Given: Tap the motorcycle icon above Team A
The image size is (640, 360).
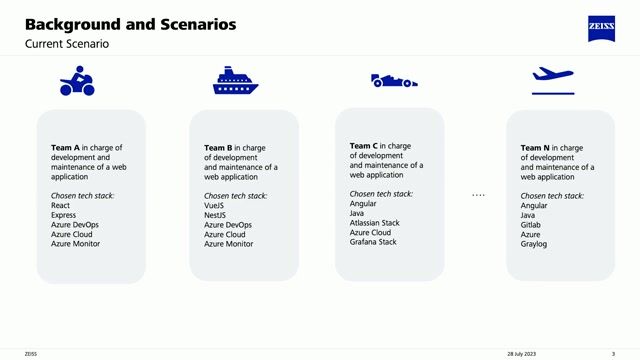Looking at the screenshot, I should click(x=77, y=81).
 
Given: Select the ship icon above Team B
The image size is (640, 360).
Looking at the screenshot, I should click(x=235, y=81).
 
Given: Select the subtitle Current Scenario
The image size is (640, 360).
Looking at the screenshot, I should click(x=67, y=44).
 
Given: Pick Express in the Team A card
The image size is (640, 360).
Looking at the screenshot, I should click(x=64, y=215).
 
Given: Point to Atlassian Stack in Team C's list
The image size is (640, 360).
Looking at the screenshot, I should click(x=375, y=222).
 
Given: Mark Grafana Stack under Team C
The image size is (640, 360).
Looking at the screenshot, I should click(x=373, y=242).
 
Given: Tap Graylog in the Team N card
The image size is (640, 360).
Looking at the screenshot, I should click(x=535, y=244).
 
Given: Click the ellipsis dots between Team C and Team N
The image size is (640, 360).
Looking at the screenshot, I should click(x=478, y=194).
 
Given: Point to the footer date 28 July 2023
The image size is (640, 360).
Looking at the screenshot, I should click(x=523, y=353).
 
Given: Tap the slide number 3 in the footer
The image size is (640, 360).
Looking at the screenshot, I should click(x=613, y=353).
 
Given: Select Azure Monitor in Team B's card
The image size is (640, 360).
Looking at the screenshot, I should click(x=228, y=244).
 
